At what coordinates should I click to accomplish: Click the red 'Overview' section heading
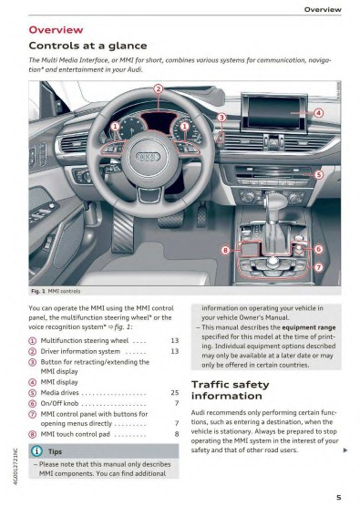pos(56,30)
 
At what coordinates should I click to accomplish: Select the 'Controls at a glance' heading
pos(87,46)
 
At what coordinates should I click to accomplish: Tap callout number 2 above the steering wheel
pos(158,89)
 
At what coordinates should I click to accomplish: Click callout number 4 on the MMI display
pos(319,113)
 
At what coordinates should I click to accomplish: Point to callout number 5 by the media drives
pos(319,175)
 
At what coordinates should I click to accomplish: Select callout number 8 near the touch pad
pos(225,250)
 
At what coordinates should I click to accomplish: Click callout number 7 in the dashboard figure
pos(319,267)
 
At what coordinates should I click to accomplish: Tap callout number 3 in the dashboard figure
pos(221,118)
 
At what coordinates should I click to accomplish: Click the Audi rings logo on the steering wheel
pos(149,157)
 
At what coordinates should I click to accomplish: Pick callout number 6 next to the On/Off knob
pos(319,249)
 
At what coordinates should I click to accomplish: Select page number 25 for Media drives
pos(175,392)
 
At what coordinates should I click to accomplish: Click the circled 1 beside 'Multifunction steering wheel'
pos(33,341)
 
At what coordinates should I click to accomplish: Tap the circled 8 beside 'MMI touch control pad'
pos(33,434)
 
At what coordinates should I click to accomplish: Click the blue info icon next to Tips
pos(36,451)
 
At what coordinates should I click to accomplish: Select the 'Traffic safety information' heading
pos(230,390)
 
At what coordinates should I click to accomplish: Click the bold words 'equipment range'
pos(309,327)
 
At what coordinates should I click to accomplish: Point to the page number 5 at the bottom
pos(339,497)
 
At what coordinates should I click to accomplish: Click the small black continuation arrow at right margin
pos(345,450)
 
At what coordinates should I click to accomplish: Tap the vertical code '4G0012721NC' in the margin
pos(15,466)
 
